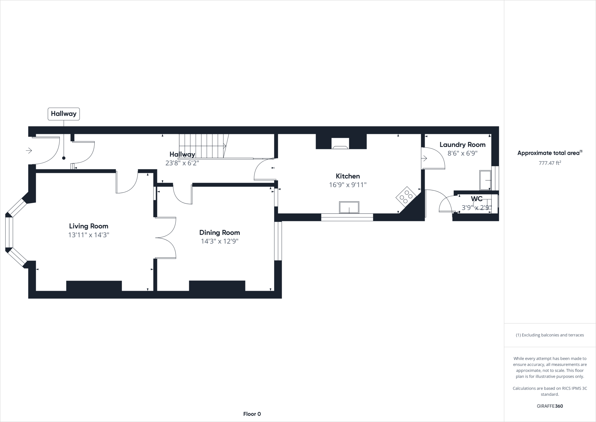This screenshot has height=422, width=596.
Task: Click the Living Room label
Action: pos(88,226)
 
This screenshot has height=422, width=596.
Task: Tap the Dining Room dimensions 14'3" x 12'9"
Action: pos(219,241)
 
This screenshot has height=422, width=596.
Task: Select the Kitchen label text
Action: pos(348,176)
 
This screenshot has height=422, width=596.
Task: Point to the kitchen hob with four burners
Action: pos(406,197)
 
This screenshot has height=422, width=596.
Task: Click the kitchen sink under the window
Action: pos(349,208)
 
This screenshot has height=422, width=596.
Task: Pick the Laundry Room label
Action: pos(462,145)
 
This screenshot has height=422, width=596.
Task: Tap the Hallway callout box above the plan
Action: pos(63,114)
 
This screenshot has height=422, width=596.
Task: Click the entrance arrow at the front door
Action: pos(29,151)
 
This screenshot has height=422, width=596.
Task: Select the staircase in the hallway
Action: pos(203,146)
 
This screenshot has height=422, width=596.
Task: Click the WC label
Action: pos(477,199)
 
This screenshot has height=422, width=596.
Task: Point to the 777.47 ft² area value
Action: pos(550,163)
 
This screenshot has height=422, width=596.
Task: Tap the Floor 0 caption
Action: pos(252,414)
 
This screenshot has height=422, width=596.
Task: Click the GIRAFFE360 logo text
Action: pos(550,406)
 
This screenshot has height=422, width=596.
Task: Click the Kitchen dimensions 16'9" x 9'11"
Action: pos(348,185)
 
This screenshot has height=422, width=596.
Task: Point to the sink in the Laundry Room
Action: pos(485,180)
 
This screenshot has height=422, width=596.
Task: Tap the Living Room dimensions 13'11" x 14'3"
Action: pos(88,235)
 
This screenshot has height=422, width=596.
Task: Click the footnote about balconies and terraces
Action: pos(550,335)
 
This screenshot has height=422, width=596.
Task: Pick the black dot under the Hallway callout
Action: pos(64,158)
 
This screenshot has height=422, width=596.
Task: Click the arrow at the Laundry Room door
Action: pos(424,159)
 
